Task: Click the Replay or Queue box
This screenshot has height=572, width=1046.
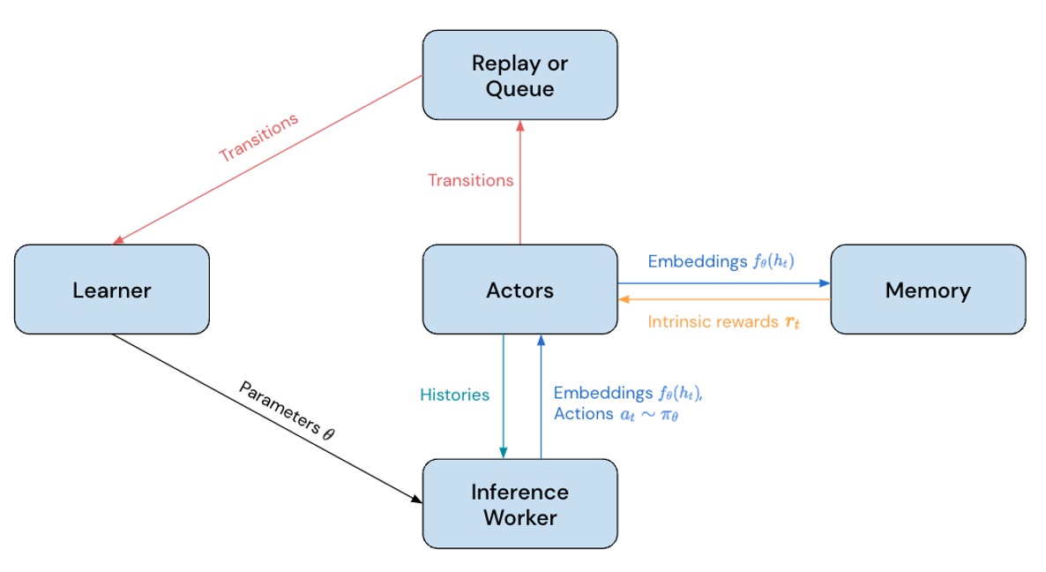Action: (x=520, y=75)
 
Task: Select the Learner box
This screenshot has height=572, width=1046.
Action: (x=112, y=290)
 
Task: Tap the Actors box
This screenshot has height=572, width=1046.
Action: (x=520, y=290)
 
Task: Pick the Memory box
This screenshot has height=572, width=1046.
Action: (x=928, y=290)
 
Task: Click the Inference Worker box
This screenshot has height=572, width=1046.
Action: (x=520, y=504)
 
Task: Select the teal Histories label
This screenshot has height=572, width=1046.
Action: (x=454, y=395)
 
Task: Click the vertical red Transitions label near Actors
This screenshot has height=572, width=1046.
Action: (x=470, y=180)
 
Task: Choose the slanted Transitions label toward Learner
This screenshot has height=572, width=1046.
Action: (x=258, y=137)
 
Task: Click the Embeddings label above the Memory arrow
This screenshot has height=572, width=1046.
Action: (x=723, y=261)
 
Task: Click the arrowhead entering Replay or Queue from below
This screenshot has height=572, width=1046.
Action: (x=520, y=125)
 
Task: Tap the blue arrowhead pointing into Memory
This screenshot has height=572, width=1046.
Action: (x=825, y=283)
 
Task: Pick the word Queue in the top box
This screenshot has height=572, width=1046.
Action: (x=520, y=88)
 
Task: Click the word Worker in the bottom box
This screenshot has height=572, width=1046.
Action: (x=520, y=517)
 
